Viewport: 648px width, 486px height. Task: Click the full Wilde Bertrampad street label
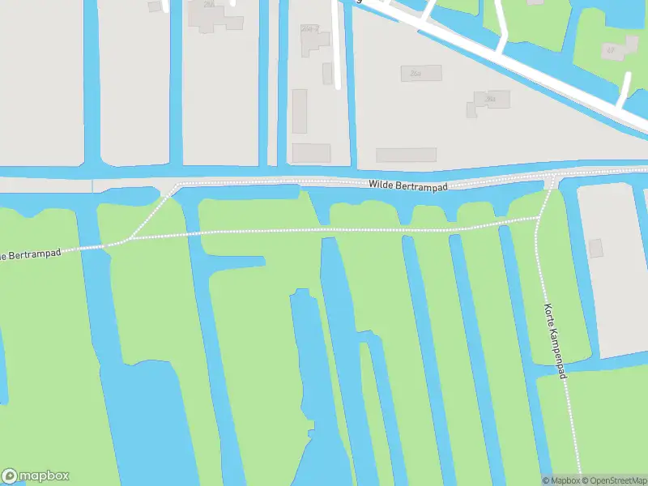pos(408,185)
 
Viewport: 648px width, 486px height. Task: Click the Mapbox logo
pos(36,476)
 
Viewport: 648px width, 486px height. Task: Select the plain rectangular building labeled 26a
pos(421,73)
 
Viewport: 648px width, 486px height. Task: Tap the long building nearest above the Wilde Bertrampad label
pos(406,155)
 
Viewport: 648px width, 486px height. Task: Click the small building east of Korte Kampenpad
pos(596,249)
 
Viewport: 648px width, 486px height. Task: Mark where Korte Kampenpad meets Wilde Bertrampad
pos(550,179)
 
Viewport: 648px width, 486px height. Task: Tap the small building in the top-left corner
pos(155,6)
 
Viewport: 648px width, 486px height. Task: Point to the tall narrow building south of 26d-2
pos(299,111)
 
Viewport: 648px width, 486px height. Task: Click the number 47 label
pos(611,49)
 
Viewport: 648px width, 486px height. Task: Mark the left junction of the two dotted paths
pos(125,240)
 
